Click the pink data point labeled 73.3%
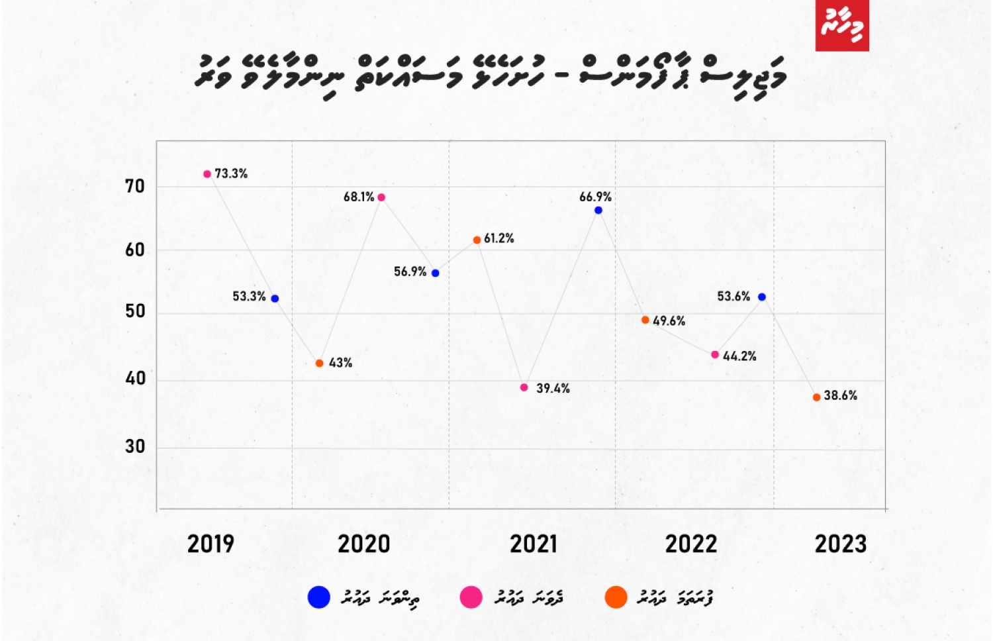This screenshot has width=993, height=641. [x=207, y=174]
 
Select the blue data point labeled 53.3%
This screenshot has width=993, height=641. [x=275, y=299]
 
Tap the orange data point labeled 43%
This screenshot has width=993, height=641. [x=319, y=364]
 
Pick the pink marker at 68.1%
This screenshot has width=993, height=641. [x=381, y=197]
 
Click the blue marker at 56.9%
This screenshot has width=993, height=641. [x=435, y=273]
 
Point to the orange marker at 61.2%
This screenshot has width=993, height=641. [x=477, y=240]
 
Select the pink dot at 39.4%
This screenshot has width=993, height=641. [x=524, y=387]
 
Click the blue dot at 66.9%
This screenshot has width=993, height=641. [x=598, y=211]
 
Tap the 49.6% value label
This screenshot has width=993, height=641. [x=669, y=321]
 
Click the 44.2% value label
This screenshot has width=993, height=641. [x=739, y=356]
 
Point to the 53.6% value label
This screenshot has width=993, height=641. [x=733, y=297]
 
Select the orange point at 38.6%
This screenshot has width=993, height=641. [x=816, y=397]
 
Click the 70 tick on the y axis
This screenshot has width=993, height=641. [x=135, y=187]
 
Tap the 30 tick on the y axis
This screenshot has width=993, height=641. [x=135, y=447]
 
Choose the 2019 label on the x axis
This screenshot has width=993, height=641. [x=211, y=544]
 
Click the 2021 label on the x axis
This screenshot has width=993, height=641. [x=534, y=544]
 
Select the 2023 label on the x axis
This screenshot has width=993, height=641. [x=840, y=544]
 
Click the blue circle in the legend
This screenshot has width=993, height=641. [x=319, y=597]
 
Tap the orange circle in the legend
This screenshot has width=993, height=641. [x=616, y=597]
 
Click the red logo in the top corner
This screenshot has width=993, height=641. [x=841, y=25]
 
